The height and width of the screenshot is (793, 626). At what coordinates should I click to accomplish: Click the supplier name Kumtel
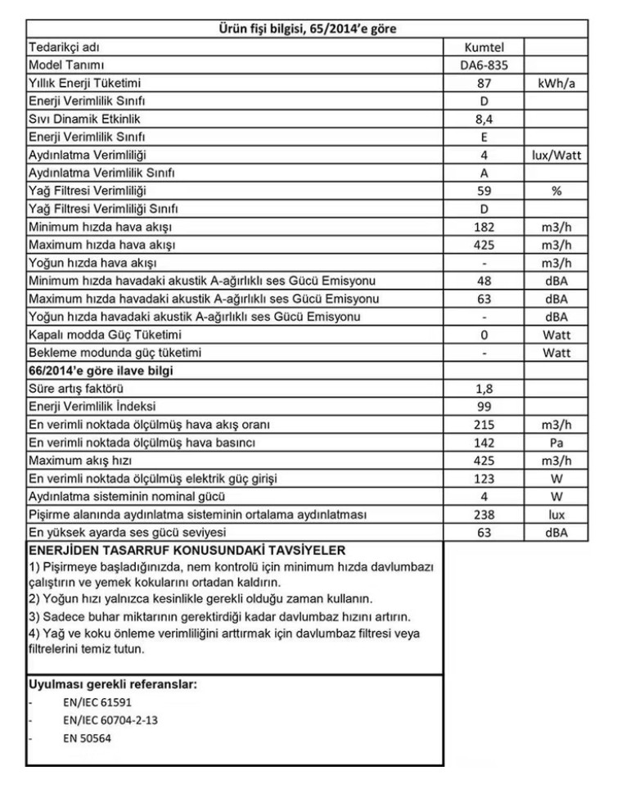point(484,47)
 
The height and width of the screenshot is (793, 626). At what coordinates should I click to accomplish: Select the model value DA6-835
point(484,65)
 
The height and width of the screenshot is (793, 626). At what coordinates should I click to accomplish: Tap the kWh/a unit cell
point(556,83)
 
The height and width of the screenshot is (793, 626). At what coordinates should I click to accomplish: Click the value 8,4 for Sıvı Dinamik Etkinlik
point(484,119)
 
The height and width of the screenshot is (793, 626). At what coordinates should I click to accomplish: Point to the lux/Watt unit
point(556,155)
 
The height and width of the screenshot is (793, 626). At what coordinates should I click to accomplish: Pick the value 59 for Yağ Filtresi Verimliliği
point(484,191)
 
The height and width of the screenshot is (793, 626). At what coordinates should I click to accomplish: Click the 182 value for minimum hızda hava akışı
point(484,227)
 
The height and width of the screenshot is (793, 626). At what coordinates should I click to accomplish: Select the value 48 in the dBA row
point(484,281)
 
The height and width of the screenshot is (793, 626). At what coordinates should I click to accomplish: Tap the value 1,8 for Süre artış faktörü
point(484,389)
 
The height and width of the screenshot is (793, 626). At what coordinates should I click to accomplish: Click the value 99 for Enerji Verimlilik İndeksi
point(484,407)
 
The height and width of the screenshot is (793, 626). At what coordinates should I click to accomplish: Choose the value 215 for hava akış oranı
point(484,425)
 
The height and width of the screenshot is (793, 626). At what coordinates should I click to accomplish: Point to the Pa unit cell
point(556,443)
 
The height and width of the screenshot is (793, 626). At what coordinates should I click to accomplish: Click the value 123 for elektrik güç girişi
point(484,479)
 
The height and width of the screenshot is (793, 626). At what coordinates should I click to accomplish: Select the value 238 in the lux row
point(484,515)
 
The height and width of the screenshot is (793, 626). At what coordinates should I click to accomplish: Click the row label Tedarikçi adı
point(64,47)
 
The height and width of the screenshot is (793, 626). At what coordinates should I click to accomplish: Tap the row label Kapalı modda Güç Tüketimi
point(105,335)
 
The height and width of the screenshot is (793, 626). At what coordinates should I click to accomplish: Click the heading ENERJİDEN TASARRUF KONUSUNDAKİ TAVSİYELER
point(187,550)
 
